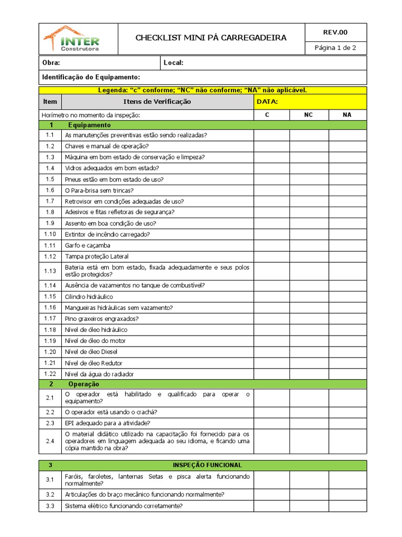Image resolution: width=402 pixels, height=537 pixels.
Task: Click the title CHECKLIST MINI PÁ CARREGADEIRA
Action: [x=211, y=38]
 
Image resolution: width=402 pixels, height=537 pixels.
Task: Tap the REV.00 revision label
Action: [x=335, y=33]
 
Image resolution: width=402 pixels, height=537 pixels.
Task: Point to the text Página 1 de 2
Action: [x=335, y=48]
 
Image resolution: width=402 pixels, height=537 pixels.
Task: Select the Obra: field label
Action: [x=51, y=63]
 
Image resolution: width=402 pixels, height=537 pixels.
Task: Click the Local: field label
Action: [x=173, y=63]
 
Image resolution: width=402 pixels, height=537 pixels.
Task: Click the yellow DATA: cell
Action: [x=310, y=102]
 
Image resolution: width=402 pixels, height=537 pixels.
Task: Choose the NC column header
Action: [x=308, y=115]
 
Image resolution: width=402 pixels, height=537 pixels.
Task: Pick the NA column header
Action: [x=348, y=115]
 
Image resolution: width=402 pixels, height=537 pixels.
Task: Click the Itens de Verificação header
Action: [x=157, y=102]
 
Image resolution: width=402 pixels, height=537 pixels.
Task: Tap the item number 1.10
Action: [x=50, y=234]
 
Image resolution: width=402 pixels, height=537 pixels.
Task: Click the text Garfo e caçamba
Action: [x=87, y=245]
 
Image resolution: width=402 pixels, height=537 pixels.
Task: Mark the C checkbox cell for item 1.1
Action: [x=271, y=135]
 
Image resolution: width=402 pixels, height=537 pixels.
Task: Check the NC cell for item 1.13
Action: [x=308, y=271]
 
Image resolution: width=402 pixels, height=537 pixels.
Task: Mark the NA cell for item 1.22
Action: [x=348, y=374]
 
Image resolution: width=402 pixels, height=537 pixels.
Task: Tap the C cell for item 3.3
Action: [x=271, y=506]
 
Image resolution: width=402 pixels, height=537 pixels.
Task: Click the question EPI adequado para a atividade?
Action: [x=107, y=423]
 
